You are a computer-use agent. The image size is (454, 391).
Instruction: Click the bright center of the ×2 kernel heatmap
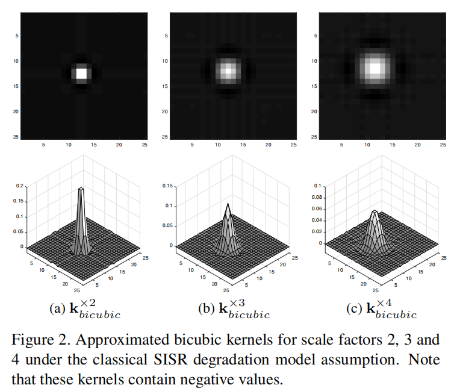pyautogui.click(x=80, y=74)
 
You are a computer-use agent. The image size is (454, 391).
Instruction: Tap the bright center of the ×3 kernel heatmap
pyautogui.click(x=227, y=70)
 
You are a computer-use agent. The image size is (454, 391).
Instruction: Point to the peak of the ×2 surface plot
pyautogui.click(x=82, y=190)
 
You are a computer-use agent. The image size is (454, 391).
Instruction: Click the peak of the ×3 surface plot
pyautogui.click(x=228, y=205)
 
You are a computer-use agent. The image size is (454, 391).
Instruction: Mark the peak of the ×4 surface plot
pyautogui.click(x=375, y=212)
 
